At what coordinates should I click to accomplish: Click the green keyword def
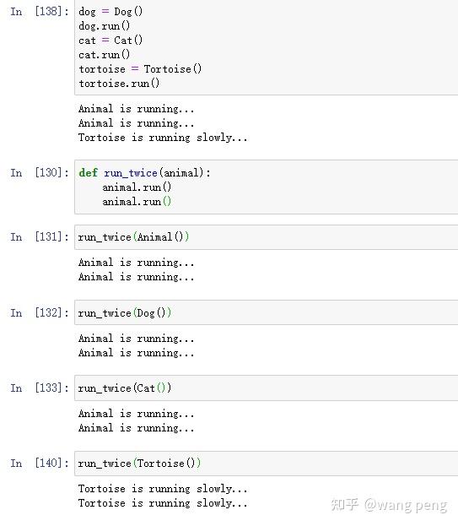tap(88, 172)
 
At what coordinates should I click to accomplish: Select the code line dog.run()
tap(105, 26)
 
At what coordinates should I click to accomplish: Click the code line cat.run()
tap(105, 55)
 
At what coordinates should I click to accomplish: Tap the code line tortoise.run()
tap(119, 84)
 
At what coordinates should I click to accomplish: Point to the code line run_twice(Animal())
tap(133, 237)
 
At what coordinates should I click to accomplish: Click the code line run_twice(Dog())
tap(125, 313)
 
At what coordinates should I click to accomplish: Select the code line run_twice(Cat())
tap(125, 388)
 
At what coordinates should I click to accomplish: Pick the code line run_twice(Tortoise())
tap(139, 464)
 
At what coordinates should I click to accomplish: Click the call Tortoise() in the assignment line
tap(173, 69)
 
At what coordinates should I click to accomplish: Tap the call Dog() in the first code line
tap(128, 12)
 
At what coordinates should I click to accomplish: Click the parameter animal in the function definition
tap(181, 173)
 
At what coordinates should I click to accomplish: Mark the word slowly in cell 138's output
tap(214, 138)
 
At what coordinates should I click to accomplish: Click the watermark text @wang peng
tap(406, 506)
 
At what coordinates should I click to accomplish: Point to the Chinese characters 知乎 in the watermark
tap(345, 505)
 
